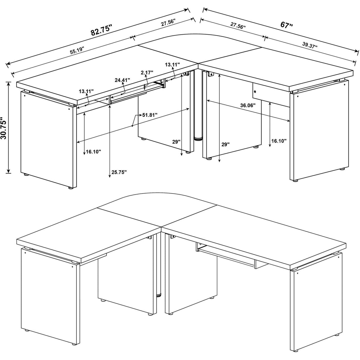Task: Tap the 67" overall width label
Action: tap(286, 25)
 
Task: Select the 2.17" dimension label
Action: tap(147, 72)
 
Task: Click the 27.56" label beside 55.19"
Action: tap(168, 23)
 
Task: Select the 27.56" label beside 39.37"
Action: tap(238, 26)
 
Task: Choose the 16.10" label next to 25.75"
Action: tap(93, 152)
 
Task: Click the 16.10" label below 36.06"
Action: tap(279, 141)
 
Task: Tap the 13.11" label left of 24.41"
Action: tap(86, 91)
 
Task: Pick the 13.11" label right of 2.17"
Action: tap(173, 64)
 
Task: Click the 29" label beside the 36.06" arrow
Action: tap(225, 144)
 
